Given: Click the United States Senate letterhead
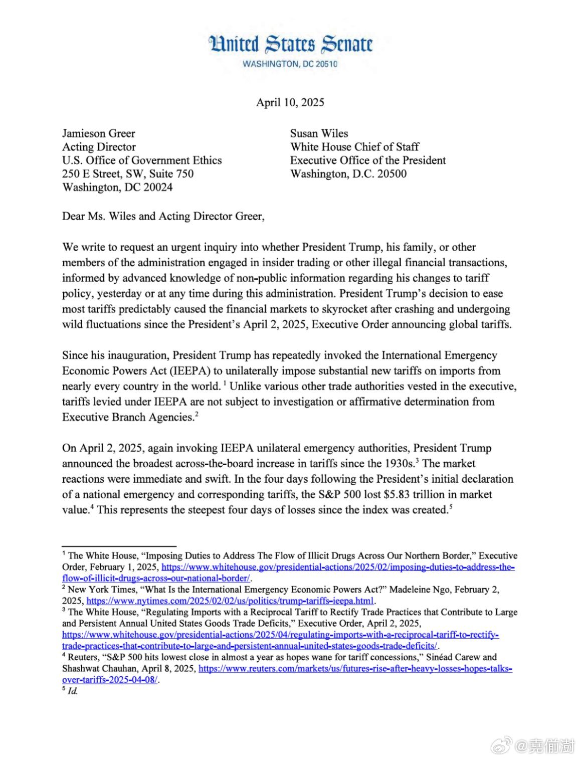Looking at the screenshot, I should pos(290,44).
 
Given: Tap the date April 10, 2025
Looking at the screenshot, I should pos(290,102).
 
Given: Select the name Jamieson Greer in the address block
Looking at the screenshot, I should pos(98,133).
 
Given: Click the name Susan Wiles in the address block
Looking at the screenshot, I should pos(319,133).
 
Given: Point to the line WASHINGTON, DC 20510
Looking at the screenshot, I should pos(290,64).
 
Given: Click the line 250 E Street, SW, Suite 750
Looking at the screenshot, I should pos(127,174).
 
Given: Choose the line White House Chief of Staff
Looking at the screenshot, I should pos(354,147).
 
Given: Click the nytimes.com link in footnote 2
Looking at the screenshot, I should pos(230,601).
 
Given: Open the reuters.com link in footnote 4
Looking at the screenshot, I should pos(355,669).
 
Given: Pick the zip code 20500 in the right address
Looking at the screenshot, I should pos(392,174).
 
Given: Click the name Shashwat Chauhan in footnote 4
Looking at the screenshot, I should pos(99,669).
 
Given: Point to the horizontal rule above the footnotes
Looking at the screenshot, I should pos(119,546).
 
